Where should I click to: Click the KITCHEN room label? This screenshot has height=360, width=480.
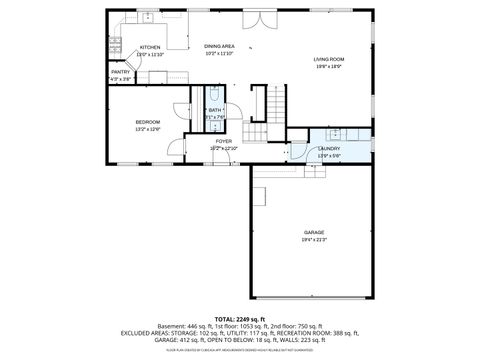coord(150,47)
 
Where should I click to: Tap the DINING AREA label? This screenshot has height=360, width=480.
coord(219,46)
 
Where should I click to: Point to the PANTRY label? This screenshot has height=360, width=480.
coord(121,72)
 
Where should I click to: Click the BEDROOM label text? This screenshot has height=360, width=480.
coord(148,122)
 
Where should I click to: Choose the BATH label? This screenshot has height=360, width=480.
coord(215,110)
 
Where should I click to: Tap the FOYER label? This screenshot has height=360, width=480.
coord(225,142)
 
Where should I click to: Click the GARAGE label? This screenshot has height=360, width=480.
coord(315,232)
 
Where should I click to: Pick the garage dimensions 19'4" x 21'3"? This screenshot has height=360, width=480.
coord(315,240)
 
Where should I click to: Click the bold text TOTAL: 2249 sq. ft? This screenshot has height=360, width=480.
coord(240,318)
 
